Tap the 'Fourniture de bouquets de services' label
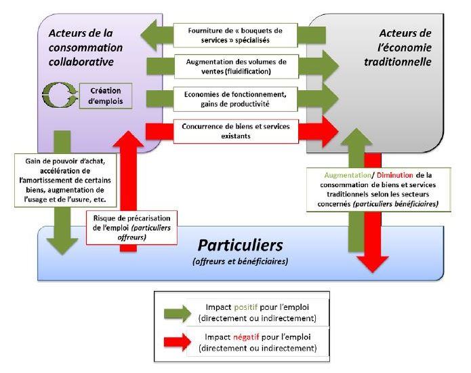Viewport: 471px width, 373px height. tap(234, 35)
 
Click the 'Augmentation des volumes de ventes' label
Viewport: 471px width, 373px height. tap(234, 65)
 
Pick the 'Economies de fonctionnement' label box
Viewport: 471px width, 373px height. tap(234, 98)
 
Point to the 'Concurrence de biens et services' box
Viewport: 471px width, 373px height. tap(234, 131)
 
